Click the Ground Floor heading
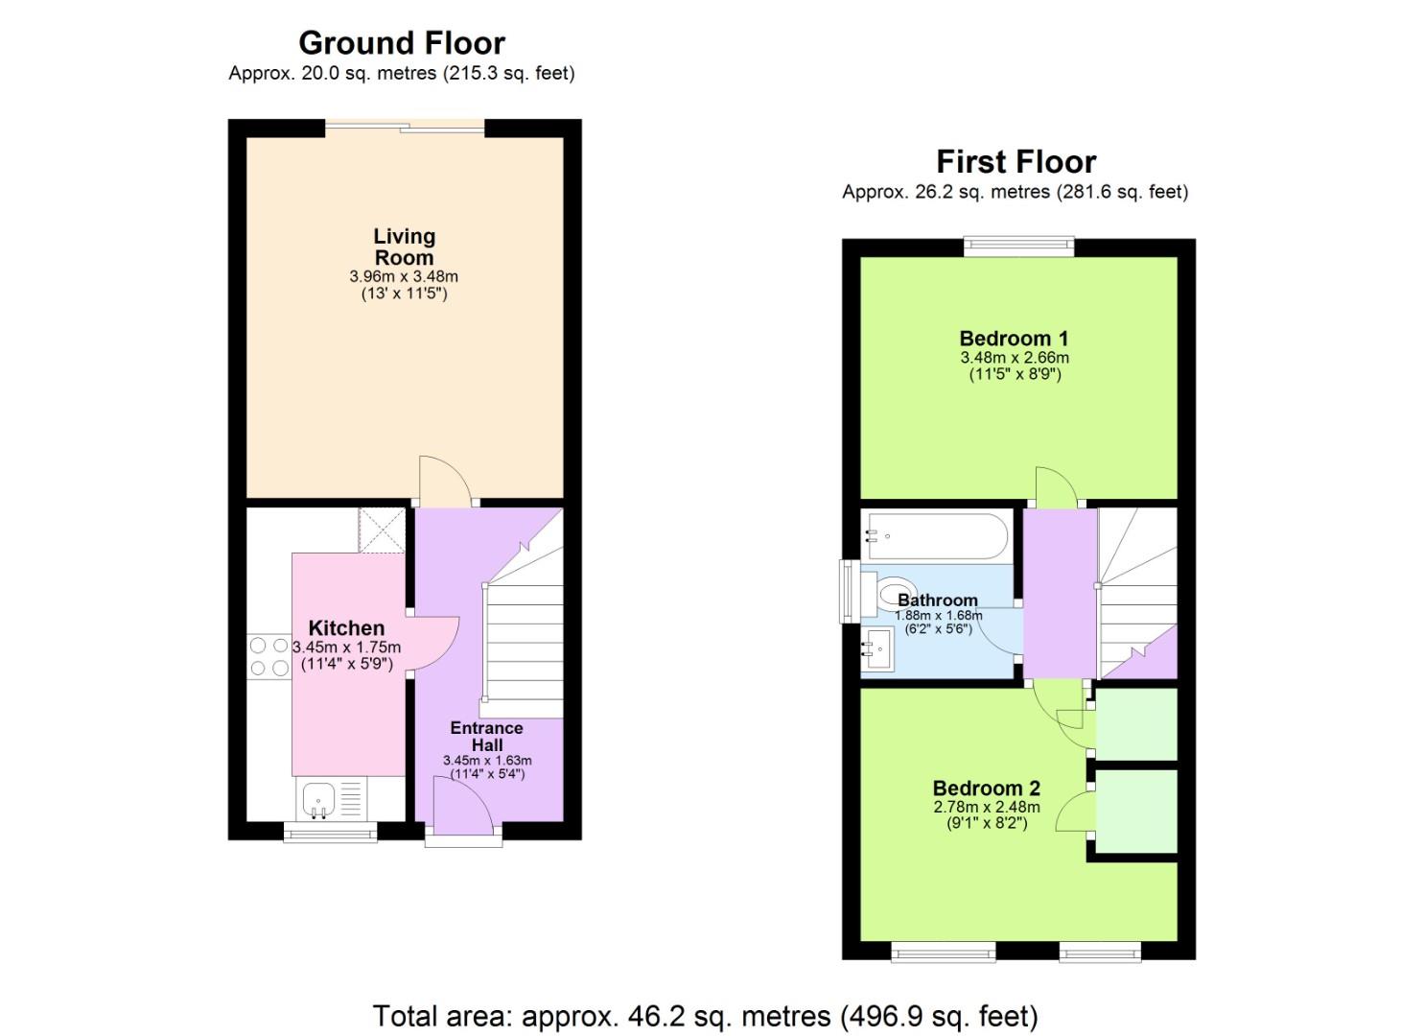pos(402,43)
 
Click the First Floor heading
pos(1015,161)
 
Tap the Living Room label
pos(404,247)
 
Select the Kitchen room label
pos(346,628)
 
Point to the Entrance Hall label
pos(487,736)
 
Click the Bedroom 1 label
pos(1014,339)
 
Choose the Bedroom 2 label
pos(986,789)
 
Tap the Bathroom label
pos(937,600)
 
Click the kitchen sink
pos(319,798)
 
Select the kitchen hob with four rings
pos(268,657)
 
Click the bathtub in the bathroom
pos(937,535)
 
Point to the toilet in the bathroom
pos(893,594)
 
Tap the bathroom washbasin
pos(877,650)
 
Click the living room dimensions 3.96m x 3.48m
pos(404,276)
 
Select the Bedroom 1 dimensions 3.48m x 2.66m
pos(1015,358)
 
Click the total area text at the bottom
pos(705,1016)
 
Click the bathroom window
pos(848,591)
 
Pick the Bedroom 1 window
pos(1018,247)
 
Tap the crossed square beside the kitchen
pos(383,530)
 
